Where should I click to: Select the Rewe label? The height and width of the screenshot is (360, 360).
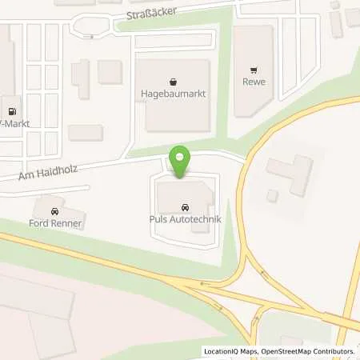254,82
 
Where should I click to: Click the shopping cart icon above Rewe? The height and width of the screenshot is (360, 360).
254,69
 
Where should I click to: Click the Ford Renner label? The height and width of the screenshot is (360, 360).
55,223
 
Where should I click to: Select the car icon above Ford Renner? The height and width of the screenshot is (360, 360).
54,211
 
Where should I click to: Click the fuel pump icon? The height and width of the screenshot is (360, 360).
11,112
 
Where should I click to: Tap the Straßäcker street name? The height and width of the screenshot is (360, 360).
152,14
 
